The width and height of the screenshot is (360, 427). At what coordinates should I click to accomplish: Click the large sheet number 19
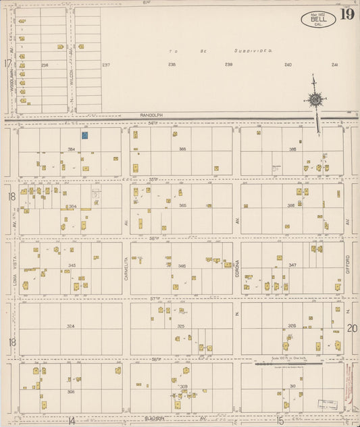(x=346, y=14)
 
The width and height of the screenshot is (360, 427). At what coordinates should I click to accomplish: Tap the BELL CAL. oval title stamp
(x=317, y=19)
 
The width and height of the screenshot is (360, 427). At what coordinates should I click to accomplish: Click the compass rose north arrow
(x=315, y=99)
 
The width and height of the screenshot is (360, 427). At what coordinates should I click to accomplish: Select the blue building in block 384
(x=85, y=135)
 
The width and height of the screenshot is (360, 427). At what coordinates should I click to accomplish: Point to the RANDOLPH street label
(x=152, y=116)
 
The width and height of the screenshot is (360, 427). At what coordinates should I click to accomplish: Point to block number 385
(x=182, y=149)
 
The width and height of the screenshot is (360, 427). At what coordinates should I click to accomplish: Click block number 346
(x=182, y=266)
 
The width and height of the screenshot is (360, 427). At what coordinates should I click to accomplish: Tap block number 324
(x=70, y=326)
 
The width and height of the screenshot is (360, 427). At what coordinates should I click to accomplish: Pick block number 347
(x=292, y=265)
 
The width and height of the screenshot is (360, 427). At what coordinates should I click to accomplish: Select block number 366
(x=291, y=205)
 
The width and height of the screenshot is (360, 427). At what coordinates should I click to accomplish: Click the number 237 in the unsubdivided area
(x=105, y=65)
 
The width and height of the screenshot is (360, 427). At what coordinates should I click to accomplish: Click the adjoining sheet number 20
(x=351, y=328)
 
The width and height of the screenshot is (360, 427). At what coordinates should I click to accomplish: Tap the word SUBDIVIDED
(x=253, y=51)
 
